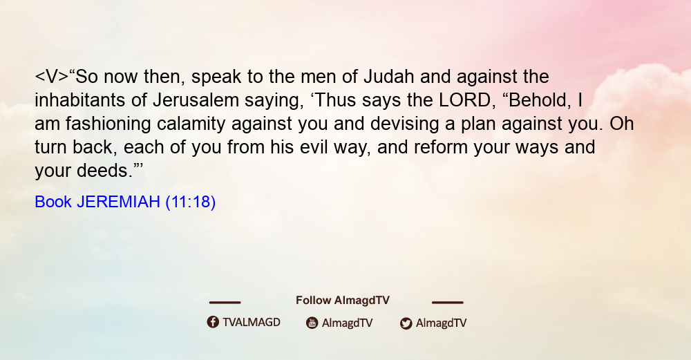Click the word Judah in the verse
coord(388,77)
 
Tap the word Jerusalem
coord(196,100)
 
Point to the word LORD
coord(464,100)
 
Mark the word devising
coord(404,124)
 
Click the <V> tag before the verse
coord(52,77)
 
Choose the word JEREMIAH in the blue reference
coord(118,202)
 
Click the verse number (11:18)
coord(191,202)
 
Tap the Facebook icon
coord(213,322)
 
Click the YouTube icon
coord(312,323)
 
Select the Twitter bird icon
coord(406,323)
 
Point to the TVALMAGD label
coord(252,322)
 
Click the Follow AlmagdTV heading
coord(343,301)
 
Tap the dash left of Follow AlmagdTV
coord(225,303)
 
